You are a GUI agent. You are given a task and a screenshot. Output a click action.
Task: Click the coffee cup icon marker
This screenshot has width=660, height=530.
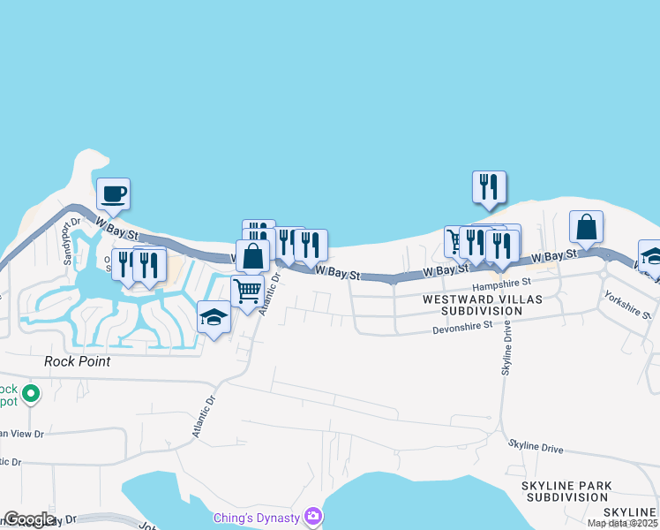point(113,193)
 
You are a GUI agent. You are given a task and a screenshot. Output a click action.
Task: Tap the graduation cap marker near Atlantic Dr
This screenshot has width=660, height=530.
point(214,317)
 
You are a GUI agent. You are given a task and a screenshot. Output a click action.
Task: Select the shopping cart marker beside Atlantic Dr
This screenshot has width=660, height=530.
point(248,290)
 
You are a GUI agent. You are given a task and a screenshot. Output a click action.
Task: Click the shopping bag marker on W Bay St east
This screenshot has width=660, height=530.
point(586,227)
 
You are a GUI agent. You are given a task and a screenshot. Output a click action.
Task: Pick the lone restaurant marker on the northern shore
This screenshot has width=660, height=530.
point(489,186)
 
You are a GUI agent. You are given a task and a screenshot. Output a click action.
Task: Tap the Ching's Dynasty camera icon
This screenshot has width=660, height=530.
point(312,516)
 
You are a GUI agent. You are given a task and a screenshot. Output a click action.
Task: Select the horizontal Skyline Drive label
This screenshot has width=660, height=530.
point(535,445)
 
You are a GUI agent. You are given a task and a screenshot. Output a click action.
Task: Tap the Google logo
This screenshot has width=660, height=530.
point(30,519)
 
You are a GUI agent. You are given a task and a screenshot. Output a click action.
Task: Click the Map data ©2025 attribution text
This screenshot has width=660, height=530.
point(621,523)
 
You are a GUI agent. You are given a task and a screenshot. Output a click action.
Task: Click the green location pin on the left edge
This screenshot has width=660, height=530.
point(30,393)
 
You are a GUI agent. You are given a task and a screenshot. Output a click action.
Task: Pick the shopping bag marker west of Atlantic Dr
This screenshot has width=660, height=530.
point(253,257)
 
